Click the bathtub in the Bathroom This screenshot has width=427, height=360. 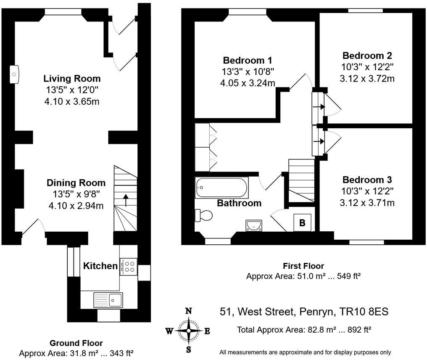221,188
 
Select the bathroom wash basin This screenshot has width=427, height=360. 254,225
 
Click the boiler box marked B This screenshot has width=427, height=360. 302,222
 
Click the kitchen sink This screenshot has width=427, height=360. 108,300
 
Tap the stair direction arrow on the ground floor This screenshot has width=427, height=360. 126,200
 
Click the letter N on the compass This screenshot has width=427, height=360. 188,311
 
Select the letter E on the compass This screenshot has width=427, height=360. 207,331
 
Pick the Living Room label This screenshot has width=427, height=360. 72,79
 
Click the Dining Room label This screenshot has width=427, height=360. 76,183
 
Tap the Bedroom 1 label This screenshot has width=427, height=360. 248,60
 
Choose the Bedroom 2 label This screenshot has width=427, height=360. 367,56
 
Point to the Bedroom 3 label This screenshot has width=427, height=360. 367,180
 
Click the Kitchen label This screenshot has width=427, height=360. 100,266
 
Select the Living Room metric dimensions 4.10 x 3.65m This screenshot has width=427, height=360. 72,101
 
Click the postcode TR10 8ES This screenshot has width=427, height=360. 364,311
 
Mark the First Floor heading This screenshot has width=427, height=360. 303,266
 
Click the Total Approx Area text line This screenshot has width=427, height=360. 304,330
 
